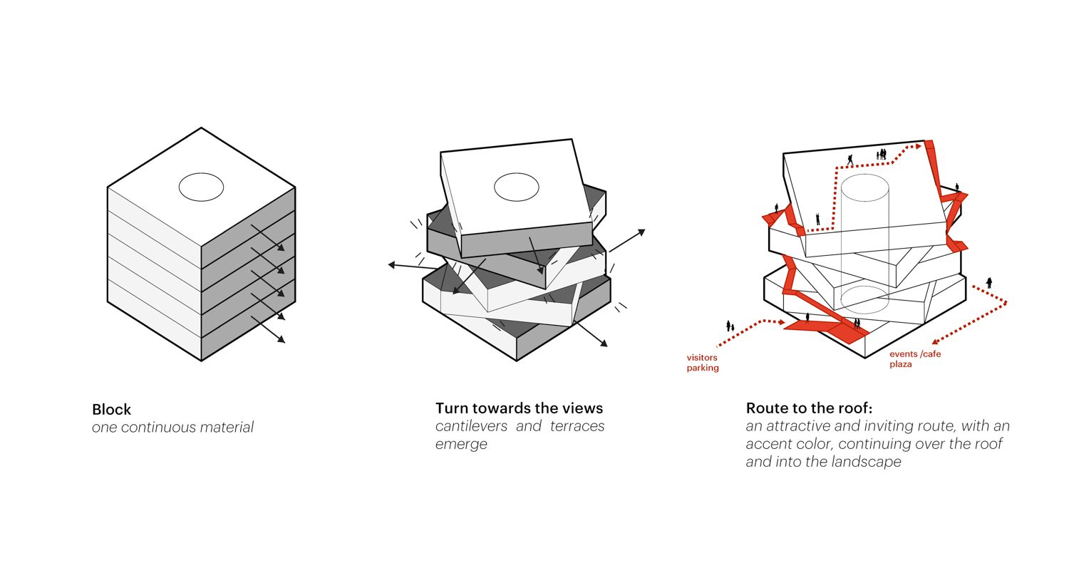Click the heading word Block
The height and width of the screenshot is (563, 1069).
pyautogui.click(x=112, y=410)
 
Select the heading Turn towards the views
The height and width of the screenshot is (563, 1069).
pyautogui.click(x=519, y=408)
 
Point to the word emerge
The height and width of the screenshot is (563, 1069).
pyautogui.click(x=461, y=444)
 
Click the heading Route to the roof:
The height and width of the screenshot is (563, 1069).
pyautogui.click(x=809, y=408)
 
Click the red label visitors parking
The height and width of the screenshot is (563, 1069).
pyautogui.click(x=703, y=363)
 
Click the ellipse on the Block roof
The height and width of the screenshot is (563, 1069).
pyautogui.click(x=201, y=187)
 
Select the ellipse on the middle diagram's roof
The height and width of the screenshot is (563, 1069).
pyautogui.click(x=517, y=187)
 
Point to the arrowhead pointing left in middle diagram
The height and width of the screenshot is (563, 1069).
pyautogui.click(x=392, y=265)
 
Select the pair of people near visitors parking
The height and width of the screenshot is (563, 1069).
pyautogui.click(x=730, y=326)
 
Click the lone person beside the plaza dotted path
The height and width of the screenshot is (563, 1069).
pyautogui.click(x=989, y=283)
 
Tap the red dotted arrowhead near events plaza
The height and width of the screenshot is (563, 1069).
pyautogui.click(x=935, y=342)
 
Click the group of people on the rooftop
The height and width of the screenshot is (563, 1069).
pyautogui.click(x=882, y=154)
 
